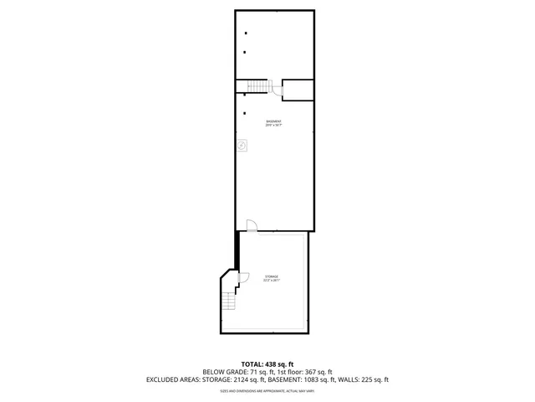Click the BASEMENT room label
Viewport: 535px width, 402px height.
click(x=273, y=121)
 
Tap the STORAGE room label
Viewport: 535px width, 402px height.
click(x=272, y=276)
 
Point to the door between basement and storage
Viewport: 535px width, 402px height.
click(x=252, y=226)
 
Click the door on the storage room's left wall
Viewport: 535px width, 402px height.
click(x=243, y=278)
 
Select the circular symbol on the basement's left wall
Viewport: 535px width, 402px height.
click(x=242, y=145)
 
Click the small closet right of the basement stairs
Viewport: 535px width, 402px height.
click(x=298, y=90)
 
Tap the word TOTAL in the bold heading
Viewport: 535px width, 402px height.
click(x=248, y=364)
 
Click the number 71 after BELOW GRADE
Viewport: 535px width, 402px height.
click(x=252, y=372)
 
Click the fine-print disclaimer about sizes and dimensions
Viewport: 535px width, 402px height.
click(x=267, y=390)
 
